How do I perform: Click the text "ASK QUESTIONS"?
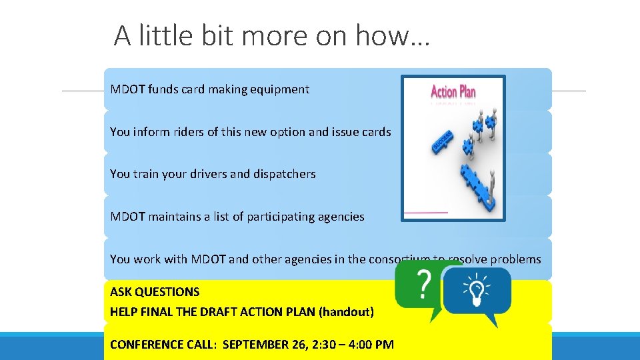point(155,292)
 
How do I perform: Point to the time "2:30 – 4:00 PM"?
point(354,345)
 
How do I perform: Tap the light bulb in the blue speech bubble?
point(477,289)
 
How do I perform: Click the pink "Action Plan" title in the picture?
point(453,92)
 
